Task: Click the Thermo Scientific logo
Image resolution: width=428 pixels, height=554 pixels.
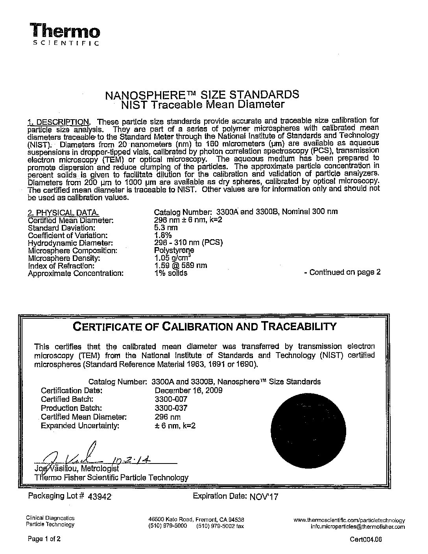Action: pos(65,34)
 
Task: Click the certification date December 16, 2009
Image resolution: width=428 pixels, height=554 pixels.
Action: pos(188,390)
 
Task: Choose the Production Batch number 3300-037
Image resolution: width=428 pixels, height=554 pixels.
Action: pos(171,408)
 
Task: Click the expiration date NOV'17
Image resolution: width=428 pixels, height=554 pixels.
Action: pos(264,497)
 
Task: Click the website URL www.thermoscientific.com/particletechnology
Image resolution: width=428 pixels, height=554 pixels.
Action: pos(349,520)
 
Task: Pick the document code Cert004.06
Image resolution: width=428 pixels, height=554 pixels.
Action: pos(365,540)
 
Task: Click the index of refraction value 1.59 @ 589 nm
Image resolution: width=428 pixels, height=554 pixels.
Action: pos(181,266)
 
